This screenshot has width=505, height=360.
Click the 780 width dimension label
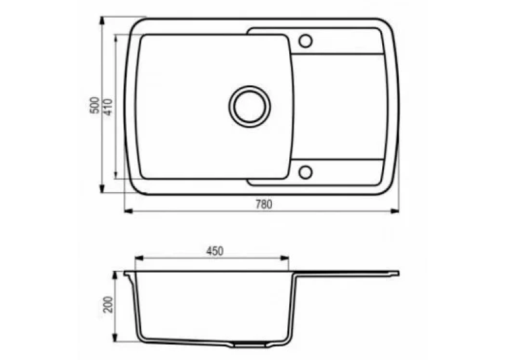(x=264, y=204)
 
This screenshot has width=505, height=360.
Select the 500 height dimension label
(x=94, y=105)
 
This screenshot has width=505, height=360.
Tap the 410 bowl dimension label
(x=108, y=106)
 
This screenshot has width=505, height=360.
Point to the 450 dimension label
(x=215, y=251)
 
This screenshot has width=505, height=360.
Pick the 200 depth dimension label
(x=108, y=305)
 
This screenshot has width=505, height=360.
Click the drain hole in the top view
(x=250, y=106)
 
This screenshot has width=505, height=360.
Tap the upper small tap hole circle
(x=306, y=41)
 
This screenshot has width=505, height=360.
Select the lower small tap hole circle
(x=306, y=172)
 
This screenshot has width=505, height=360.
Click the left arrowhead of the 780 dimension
(x=129, y=211)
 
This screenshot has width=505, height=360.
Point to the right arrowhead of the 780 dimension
(x=395, y=211)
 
